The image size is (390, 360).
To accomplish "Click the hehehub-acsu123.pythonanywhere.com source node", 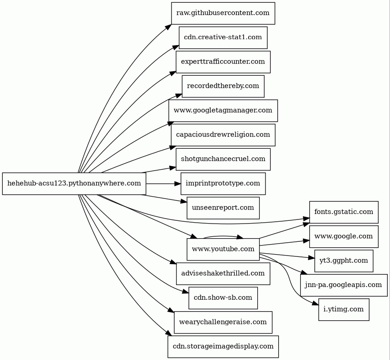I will coord(74,183).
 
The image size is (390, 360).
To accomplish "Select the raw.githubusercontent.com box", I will coord(223,13).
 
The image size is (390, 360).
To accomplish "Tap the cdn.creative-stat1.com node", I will coord(223,37).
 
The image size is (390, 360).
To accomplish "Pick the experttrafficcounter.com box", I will coord(223,62).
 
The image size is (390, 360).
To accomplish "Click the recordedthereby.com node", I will coord(223,86).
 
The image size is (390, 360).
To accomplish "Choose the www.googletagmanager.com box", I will coord(223,110).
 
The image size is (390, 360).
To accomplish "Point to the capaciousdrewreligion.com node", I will coord(223,135).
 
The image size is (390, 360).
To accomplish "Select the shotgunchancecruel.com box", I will coord(223,159).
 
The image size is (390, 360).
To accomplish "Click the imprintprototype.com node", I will coord(223,183).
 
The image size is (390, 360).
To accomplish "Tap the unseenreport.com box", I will coord(223,208).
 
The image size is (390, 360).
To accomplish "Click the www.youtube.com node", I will coord(223,249).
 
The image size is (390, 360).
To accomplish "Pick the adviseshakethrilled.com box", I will coord(223,273).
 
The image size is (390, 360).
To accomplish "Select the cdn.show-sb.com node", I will coord(223,297).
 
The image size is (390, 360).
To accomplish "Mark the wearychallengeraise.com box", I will coord(223,322).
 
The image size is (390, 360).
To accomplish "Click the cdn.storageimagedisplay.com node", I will coord(223,346).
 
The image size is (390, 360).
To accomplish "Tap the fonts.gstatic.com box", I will coord(344,212).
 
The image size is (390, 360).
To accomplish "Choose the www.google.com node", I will coord(344,236).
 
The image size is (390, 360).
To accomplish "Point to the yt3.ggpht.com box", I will coord(344,261).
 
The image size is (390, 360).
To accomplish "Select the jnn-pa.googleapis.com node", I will coord(344,285).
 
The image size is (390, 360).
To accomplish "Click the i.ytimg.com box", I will coord(344,309).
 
